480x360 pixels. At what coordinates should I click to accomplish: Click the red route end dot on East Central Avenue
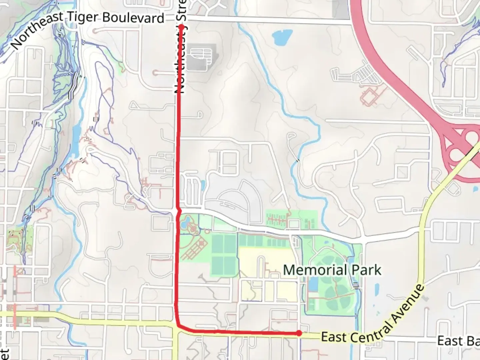pyautogui.click(x=299, y=333)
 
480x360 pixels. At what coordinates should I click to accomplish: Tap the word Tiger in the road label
pyautogui.click(x=83, y=17)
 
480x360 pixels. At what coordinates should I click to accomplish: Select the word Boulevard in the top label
pyautogui.click(x=133, y=18)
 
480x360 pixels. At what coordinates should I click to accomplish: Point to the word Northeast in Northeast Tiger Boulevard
pyautogui.click(x=37, y=30)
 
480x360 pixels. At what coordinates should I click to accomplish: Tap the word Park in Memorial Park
pyautogui.click(x=368, y=270)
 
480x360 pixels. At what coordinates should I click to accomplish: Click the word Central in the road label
pyautogui.click(x=370, y=331)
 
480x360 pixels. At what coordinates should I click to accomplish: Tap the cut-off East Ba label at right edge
pyautogui.click(x=458, y=341)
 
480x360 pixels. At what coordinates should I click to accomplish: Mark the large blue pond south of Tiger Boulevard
pyautogui.click(x=282, y=37)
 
